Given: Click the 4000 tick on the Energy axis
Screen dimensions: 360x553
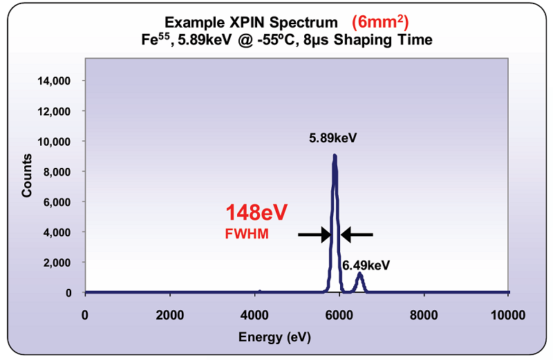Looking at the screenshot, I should [254, 316].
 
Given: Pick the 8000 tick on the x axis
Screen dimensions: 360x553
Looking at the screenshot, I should [424, 316].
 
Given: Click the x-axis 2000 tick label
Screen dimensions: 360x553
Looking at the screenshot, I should [169, 316].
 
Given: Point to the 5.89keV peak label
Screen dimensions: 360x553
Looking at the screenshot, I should [332, 138].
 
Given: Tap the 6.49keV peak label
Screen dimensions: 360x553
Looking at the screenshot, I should [366, 265].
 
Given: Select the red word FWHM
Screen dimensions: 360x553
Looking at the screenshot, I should [246, 235].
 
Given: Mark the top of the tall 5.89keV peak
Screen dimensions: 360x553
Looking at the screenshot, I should [335, 155].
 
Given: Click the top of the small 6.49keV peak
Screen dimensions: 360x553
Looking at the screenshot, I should [360, 274].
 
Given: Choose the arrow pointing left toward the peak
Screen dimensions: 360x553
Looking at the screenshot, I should [357, 235].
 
